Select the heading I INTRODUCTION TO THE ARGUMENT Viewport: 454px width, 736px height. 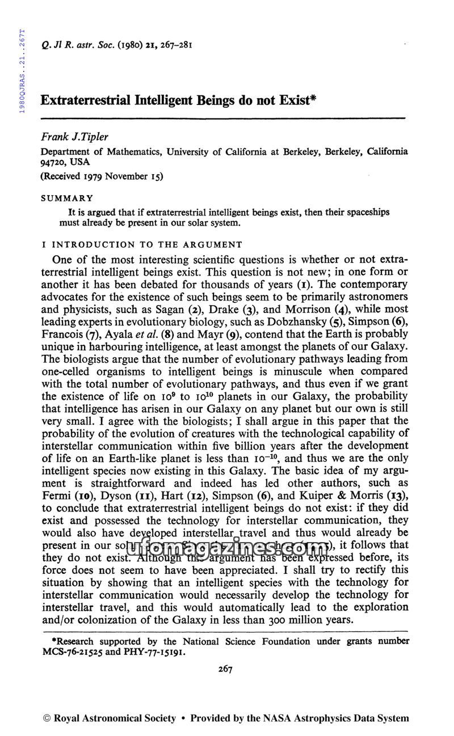pyautogui.click(x=141, y=244)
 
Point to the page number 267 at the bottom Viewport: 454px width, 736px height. pyautogui.click(x=225, y=669)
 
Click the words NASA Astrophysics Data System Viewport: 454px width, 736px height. pyautogui.click(x=339, y=718)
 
